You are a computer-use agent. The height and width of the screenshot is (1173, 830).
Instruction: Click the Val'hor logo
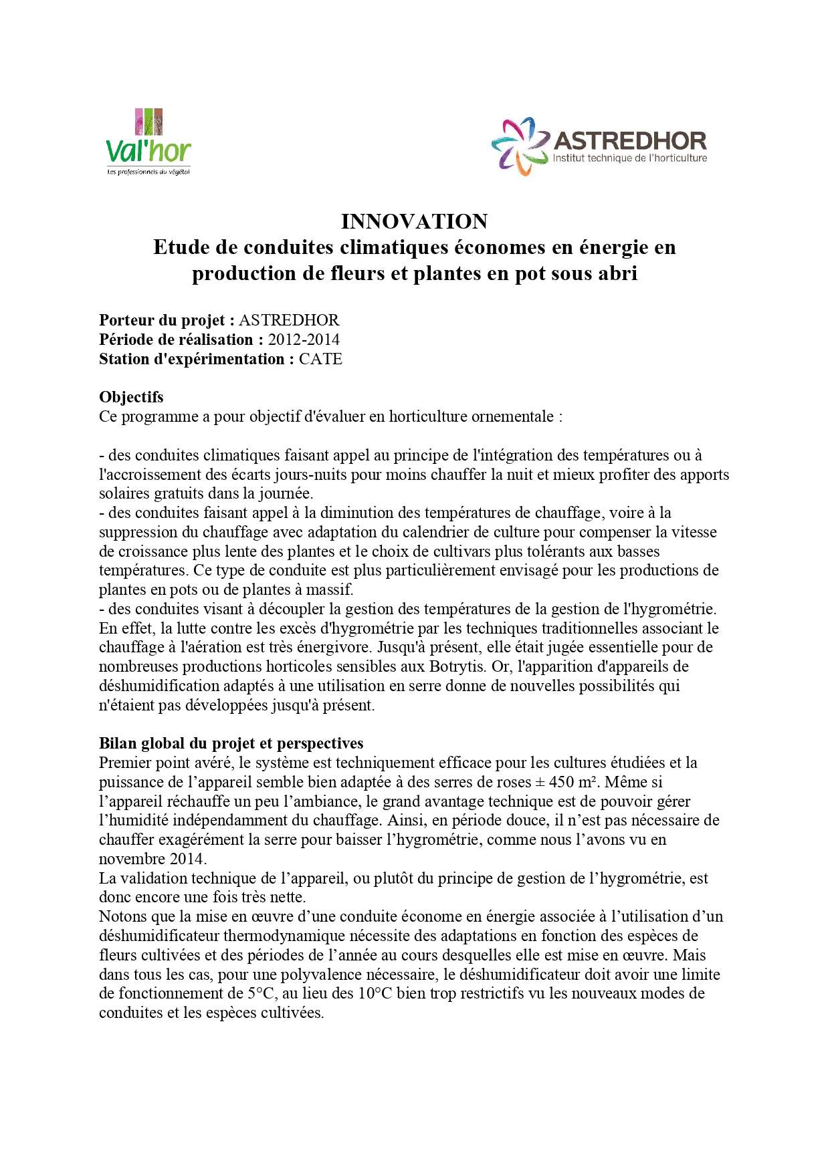click(148, 142)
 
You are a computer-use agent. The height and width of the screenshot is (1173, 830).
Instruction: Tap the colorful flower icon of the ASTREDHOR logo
click(520, 146)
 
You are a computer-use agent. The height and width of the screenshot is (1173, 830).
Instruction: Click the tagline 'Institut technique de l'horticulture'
click(629, 158)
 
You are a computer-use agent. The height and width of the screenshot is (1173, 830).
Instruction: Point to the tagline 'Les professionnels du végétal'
click(148, 172)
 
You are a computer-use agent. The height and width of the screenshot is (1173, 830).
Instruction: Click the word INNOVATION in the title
click(414, 221)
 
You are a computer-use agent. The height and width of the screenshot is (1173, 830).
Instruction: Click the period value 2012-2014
click(304, 340)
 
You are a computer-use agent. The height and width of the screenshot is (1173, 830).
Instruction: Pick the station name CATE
click(320, 359)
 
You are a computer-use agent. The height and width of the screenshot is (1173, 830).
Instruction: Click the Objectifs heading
click(131, 397)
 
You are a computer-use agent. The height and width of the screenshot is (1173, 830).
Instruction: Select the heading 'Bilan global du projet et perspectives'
click(231, 743)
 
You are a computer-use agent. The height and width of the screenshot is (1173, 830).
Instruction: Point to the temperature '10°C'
click(375, 993)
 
